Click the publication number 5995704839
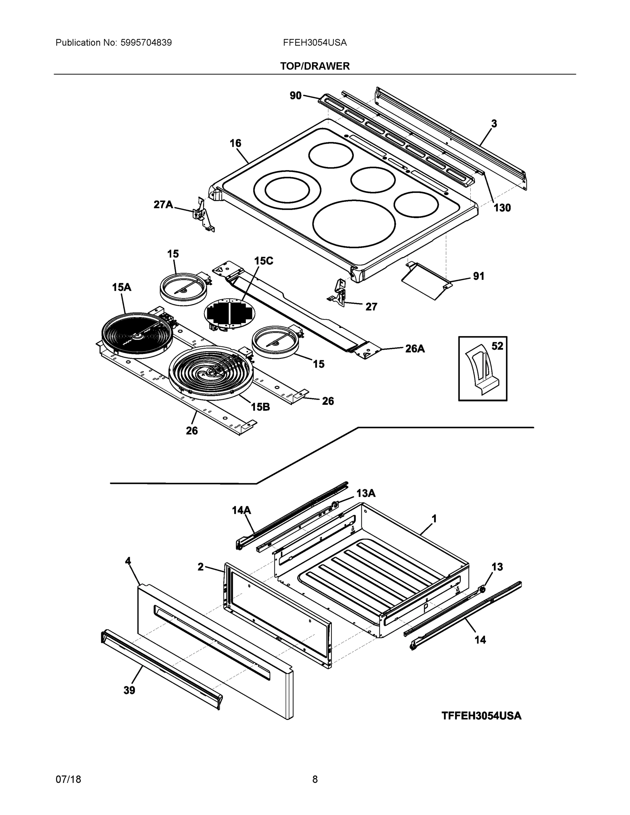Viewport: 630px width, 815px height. tap(146, 42)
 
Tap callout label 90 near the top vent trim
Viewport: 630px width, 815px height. tap(295, 95)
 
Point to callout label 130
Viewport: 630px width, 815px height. tap(502, 208)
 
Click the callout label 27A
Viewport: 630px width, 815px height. tap(163, 204)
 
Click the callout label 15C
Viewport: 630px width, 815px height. tap(264, 261)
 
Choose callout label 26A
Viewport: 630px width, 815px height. tap(415, 348)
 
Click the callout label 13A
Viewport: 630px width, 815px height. tap(365, 493)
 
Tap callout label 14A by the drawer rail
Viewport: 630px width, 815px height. tap(241, 510)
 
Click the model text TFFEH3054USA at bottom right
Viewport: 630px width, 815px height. tap(481, 716)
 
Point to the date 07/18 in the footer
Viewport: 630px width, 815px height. tap(68, 780)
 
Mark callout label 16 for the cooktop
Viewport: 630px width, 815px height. tap(235, 143)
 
